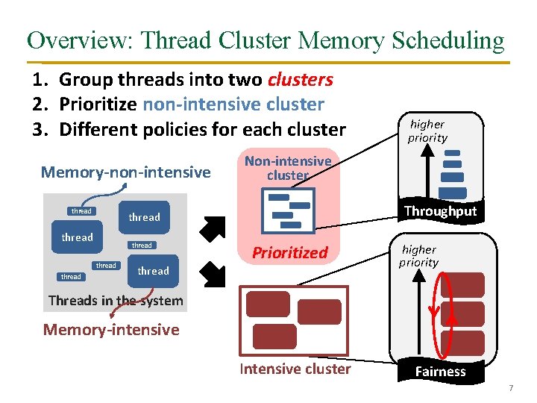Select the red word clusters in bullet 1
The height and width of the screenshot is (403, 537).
click(x=300, y=79)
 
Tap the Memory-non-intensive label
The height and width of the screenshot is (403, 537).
click(x=125, y=172)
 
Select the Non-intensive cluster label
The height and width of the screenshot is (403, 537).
click(x=288, y=168)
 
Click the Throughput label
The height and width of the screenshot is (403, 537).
click(x=440, y=211)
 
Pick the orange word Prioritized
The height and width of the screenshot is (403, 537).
click(x=289, y=252)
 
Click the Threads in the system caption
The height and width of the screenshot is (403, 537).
click(x=115, y=301)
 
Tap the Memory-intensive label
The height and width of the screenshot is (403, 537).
click(x=111, y=329)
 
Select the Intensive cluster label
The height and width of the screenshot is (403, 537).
click(x=295, y=369)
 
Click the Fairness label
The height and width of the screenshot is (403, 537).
click(x=440, y=371)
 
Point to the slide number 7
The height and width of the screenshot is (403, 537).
click(x=511, y=388)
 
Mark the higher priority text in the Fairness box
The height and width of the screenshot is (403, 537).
click(x=418, y=256)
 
